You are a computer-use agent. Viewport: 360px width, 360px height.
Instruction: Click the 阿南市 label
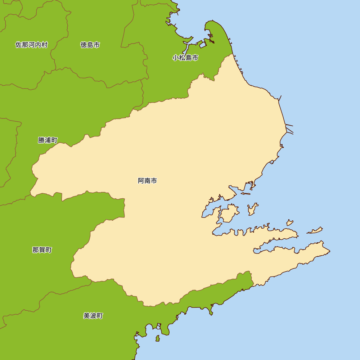tap(147, 181)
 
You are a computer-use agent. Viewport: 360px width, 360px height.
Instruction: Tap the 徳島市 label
tap(90, 45)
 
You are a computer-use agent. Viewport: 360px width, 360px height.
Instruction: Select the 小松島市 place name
tap(185, 58)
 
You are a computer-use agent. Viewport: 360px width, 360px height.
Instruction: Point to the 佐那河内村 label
tap(31, 45)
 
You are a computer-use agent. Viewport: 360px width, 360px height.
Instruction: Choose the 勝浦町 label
tap(48, 140)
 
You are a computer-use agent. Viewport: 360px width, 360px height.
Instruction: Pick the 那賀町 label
tap(42, 250)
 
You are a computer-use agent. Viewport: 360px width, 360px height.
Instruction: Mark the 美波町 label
tap(93, 316)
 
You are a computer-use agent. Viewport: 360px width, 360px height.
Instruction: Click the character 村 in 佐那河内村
tap(44, 45)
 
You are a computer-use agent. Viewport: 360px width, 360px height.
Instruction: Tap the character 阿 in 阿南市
tap(141, 181)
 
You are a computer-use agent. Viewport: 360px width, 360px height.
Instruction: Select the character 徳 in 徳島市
tap(84, 45)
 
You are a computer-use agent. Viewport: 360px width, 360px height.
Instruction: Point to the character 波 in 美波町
tap(93, 316)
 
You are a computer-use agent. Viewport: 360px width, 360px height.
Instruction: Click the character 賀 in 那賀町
tap(42, 250)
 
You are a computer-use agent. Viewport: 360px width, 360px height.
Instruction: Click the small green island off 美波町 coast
tap(157, 338)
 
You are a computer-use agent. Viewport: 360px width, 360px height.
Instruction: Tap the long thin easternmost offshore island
tap(315, 230)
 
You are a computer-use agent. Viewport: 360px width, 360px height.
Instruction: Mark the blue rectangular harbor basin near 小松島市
tap(203, 45)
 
